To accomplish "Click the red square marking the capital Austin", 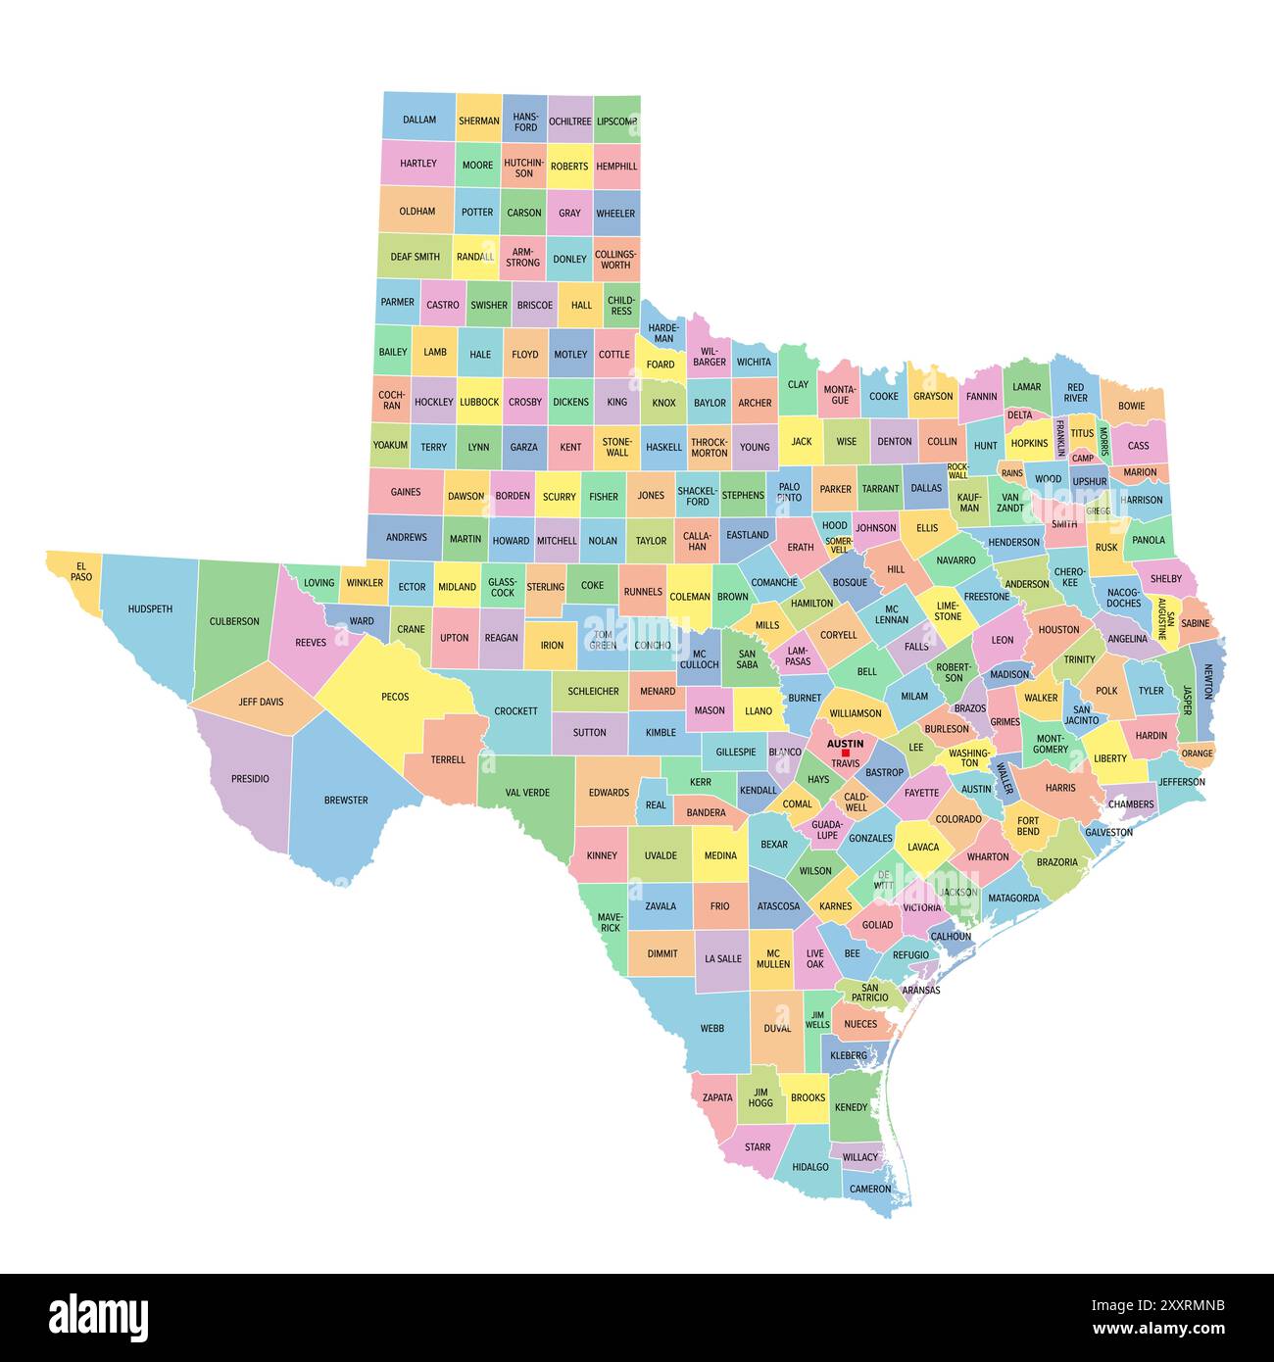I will coord(846,753).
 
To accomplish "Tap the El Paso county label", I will coord(81,571).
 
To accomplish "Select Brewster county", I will coord(346,800).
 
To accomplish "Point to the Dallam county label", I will coord(419,120).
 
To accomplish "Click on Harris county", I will coord(1060,787).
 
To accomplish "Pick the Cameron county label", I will coord(870,1189).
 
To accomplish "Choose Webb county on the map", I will coord(712,1028).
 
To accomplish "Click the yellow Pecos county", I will coord(395,697).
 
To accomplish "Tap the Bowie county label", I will coord(1132,405).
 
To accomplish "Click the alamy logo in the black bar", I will coord(99,1315).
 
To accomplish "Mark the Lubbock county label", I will coord(479,402).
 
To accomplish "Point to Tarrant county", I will coord(880,488).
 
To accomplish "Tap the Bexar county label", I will coord(774,845).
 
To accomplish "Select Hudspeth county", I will coord(150,608).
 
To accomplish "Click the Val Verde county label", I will coord(527,792).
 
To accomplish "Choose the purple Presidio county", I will coord(250,779).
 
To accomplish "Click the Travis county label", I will coord(845,763).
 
